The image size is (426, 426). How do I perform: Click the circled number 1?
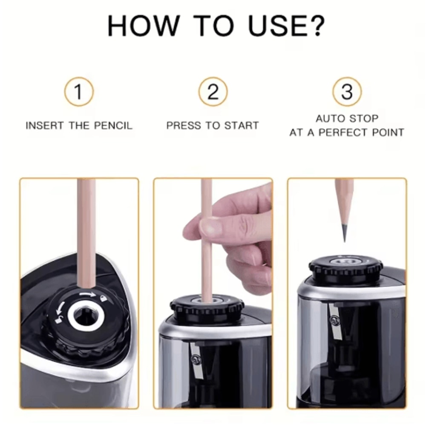(79, 92)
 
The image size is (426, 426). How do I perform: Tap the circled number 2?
(213, 92)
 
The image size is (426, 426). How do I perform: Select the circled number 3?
(347, 92)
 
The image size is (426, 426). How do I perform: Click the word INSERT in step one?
(45, 126)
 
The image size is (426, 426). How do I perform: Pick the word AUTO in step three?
(331, 118)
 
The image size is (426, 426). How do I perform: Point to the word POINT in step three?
(388, 132)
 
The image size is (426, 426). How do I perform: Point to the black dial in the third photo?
(345, 268)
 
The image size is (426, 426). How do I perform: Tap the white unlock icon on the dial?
(59, 320)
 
